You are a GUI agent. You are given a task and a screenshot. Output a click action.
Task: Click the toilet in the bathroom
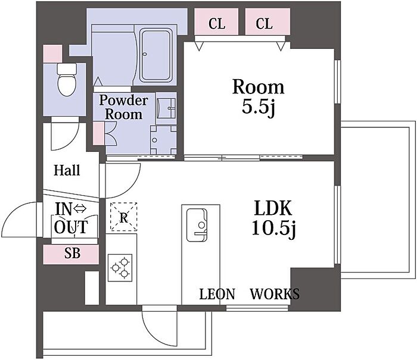pos(67,80)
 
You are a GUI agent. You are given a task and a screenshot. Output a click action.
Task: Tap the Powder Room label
pos(123,107)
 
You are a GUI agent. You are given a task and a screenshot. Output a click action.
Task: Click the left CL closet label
pos(217,23)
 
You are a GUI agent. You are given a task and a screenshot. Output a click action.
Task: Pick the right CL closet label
pos(264,23)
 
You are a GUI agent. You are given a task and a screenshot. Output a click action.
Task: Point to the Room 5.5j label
pos(258,97)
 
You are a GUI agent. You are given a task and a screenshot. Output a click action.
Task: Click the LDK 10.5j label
pos(273,218)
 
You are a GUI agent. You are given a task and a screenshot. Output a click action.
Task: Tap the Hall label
pos(67,170)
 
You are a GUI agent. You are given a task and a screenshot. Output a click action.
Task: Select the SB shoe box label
pos(72,253)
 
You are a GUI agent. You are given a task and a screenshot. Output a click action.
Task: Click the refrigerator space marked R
pos(124,217)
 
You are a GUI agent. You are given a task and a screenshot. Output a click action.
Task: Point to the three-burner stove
pos(120,268)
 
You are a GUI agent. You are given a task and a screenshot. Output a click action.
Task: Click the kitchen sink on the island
pos(197,225)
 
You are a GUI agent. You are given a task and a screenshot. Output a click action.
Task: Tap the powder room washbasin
pos(166,108)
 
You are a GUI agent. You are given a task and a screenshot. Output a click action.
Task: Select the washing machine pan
pos(163,140)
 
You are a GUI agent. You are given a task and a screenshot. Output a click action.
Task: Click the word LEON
pos(217,294)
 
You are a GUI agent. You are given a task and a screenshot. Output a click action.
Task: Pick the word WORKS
pos(275,294)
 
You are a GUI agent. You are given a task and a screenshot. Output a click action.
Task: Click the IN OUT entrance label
pos(71,218)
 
